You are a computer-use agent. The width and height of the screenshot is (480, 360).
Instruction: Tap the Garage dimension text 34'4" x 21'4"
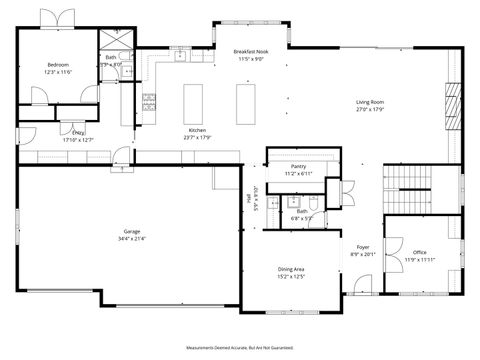[132, 239]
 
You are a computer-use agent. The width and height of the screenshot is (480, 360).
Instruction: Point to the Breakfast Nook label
[250, 51]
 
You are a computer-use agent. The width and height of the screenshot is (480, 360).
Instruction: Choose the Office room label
[420, 252]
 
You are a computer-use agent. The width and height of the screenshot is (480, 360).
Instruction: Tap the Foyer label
[362, 246]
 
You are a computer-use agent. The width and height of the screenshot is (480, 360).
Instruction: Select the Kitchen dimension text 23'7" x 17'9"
[197, 138]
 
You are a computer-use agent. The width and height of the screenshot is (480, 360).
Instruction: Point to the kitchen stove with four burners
[149, 99]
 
